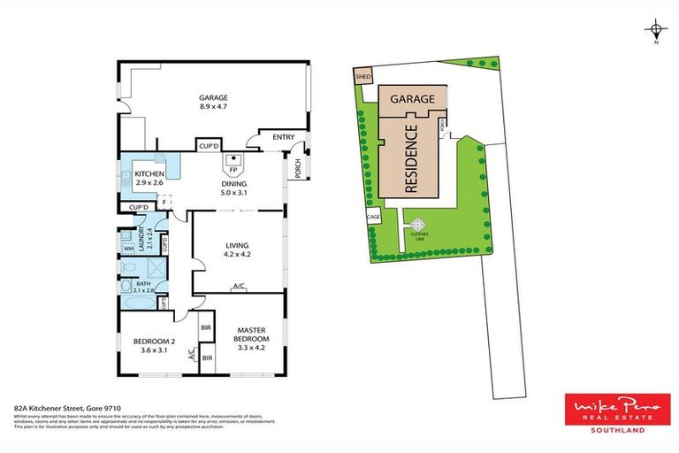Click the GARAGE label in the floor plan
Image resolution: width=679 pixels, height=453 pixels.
click(x=213, y=98)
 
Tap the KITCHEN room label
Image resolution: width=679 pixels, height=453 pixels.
click(x=149, y=174)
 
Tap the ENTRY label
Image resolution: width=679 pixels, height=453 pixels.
click(x=283, y=137)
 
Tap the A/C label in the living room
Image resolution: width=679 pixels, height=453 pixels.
click(x=238, y=287)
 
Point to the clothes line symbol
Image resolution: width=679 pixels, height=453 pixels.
click(x=416, y=226)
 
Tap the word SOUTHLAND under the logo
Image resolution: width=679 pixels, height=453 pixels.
click(x=616, y=430)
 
